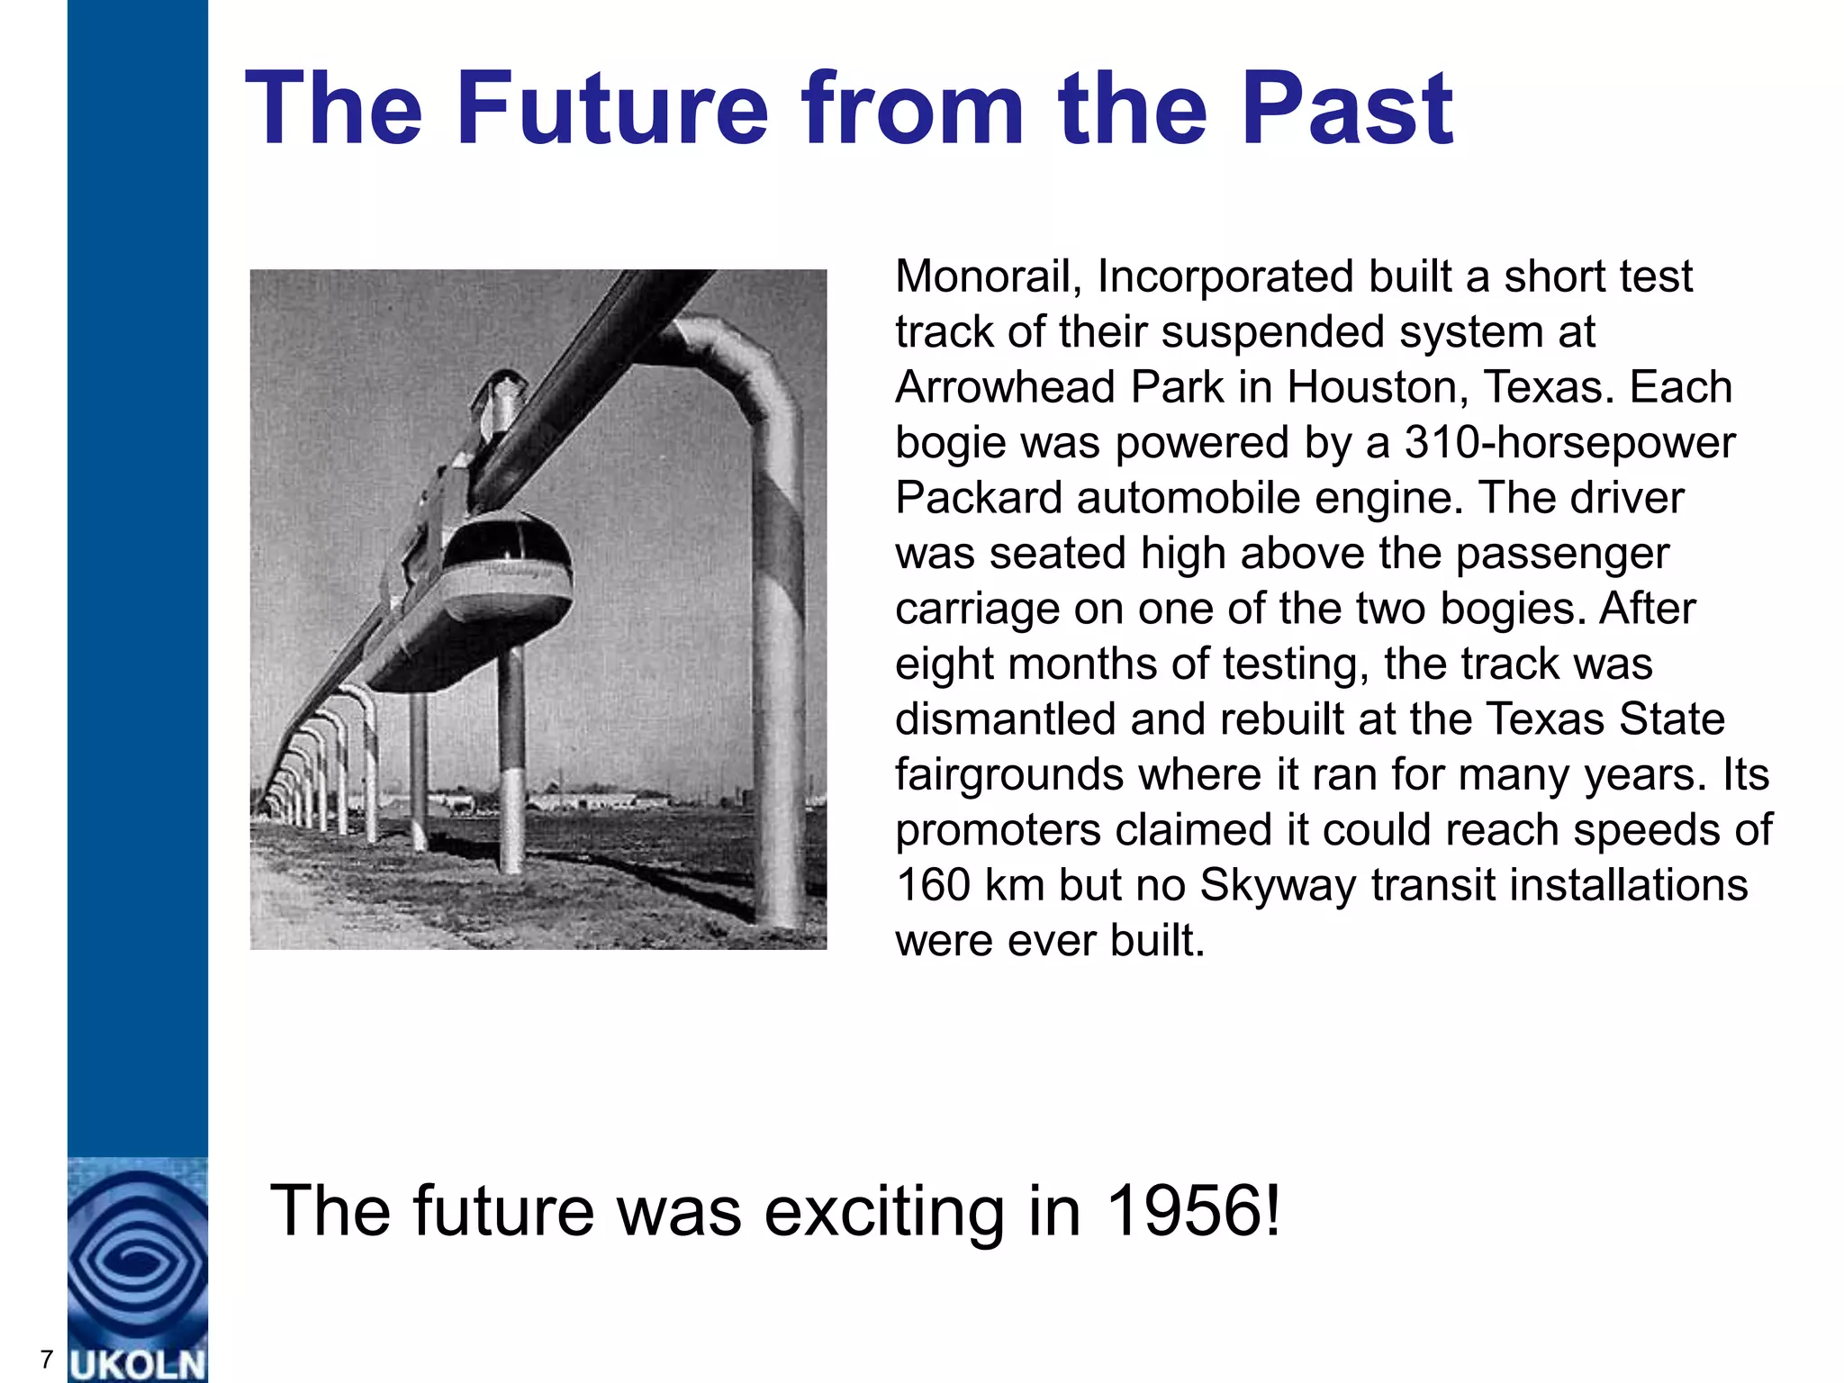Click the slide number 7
(x=47, y=1359)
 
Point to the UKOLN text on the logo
(x=138, y=1364)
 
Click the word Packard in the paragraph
(x=979, y=498)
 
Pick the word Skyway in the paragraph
(x=1278, y=885)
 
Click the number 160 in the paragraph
(x=933, y=885)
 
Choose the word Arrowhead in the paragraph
(x=1006, y=387)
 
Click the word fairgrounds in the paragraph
(x=1008, y=774)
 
